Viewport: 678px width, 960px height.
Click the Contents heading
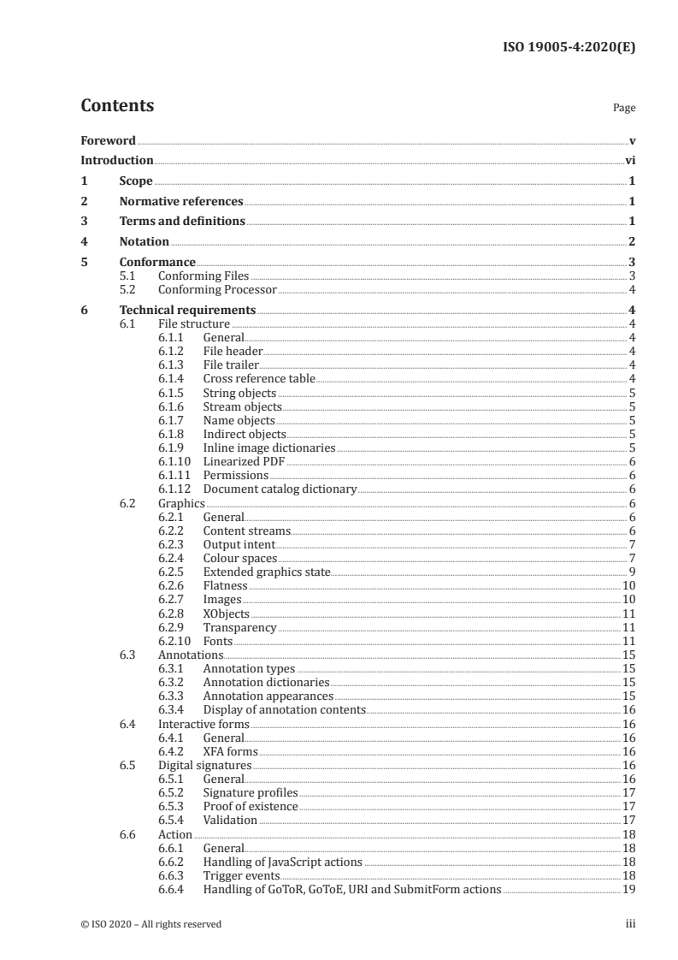(x=117, y=106)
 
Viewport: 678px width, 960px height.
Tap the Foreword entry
(x=108, y=140)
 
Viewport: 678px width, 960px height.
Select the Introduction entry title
(x=116, y=160)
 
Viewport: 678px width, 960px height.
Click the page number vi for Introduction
(x=629, y=160)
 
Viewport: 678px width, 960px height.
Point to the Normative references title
(x=181, y=202)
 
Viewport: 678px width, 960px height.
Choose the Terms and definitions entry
(x=182, y=222)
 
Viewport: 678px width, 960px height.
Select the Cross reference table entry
(x=259, y=379)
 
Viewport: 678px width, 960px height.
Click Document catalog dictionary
(x=280, y=489)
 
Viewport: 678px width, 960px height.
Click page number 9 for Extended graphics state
(x=631, y=572)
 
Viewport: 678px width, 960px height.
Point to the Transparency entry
(x=239, y=627)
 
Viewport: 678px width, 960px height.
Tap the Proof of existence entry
(x=251, y=806)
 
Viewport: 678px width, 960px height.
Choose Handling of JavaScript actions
(x=282, y=862)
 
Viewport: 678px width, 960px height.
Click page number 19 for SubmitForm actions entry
(x=628, y=889)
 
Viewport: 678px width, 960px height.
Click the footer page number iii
(x=630, y=924)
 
